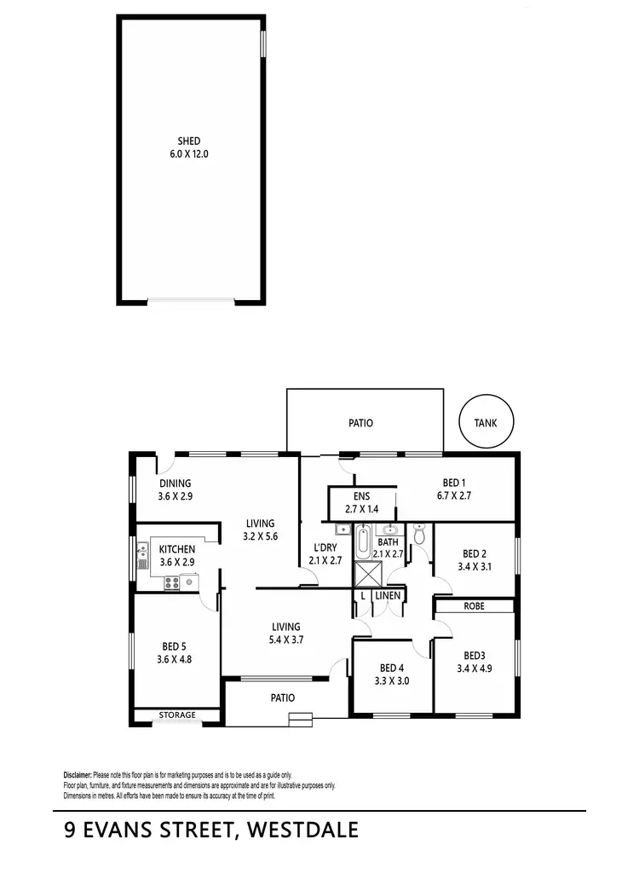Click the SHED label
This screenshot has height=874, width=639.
coord(189,141)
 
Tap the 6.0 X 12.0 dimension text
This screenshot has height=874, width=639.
coord(189,154)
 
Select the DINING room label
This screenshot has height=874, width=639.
coord(175,483)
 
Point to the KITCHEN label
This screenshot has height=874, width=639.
coord(176,549)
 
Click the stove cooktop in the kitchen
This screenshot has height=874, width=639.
coord(173,583)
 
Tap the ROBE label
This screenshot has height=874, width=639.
coord(475,606)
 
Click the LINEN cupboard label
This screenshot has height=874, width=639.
coord(388,595)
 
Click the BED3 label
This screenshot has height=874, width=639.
coord(474,656)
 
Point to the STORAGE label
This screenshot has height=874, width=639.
coord(177,715)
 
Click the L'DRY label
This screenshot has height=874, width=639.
coord(325,547)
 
